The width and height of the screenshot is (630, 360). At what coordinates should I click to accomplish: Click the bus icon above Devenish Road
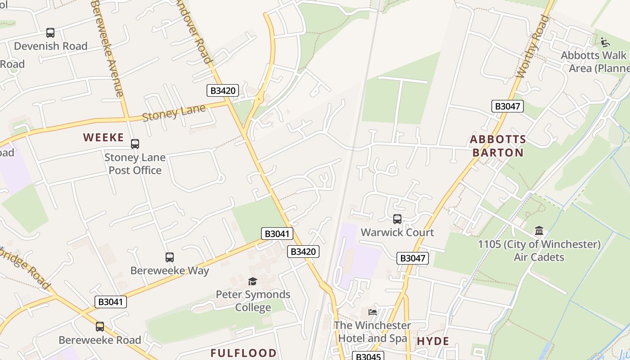point(50,33)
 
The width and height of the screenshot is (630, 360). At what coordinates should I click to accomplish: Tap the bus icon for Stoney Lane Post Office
point(135,144)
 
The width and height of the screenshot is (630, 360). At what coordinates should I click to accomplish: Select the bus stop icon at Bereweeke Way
point(170,257)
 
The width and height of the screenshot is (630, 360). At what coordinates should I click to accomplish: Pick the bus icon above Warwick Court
point(397,219)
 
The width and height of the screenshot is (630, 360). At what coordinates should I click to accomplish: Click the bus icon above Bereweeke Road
point(100,327)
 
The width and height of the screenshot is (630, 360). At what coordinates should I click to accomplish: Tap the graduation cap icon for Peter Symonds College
point(253,281)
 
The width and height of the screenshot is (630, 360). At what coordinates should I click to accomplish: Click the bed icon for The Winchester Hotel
point(373,312)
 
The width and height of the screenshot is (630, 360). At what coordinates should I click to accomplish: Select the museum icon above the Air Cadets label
point(539,231)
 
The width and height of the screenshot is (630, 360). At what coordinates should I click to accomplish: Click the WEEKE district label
point(103,138)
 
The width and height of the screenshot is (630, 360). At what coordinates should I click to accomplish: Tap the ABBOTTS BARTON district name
point(498,146)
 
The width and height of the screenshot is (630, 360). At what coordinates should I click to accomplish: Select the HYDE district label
point(433,341)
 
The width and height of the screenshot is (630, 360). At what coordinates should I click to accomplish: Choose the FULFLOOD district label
point(243,352)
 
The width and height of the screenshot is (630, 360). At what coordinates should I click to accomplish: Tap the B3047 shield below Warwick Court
point(412,258)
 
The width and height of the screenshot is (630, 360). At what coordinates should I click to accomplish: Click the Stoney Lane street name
point(174,112)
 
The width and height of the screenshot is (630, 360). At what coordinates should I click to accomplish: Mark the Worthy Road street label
point(533,46)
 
